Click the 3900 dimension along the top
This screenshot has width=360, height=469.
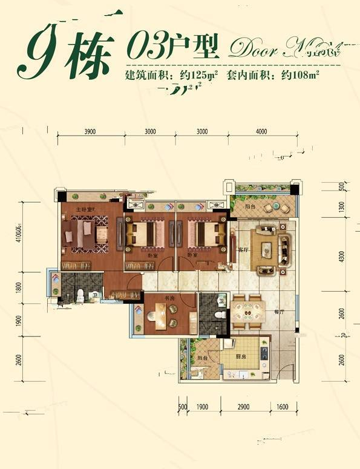point(90,131)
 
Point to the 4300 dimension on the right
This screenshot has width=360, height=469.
point(342,257)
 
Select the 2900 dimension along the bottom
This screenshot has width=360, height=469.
point(244,407)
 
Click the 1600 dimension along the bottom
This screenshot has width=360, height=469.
point(282,407)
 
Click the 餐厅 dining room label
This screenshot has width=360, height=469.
point(279,312)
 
